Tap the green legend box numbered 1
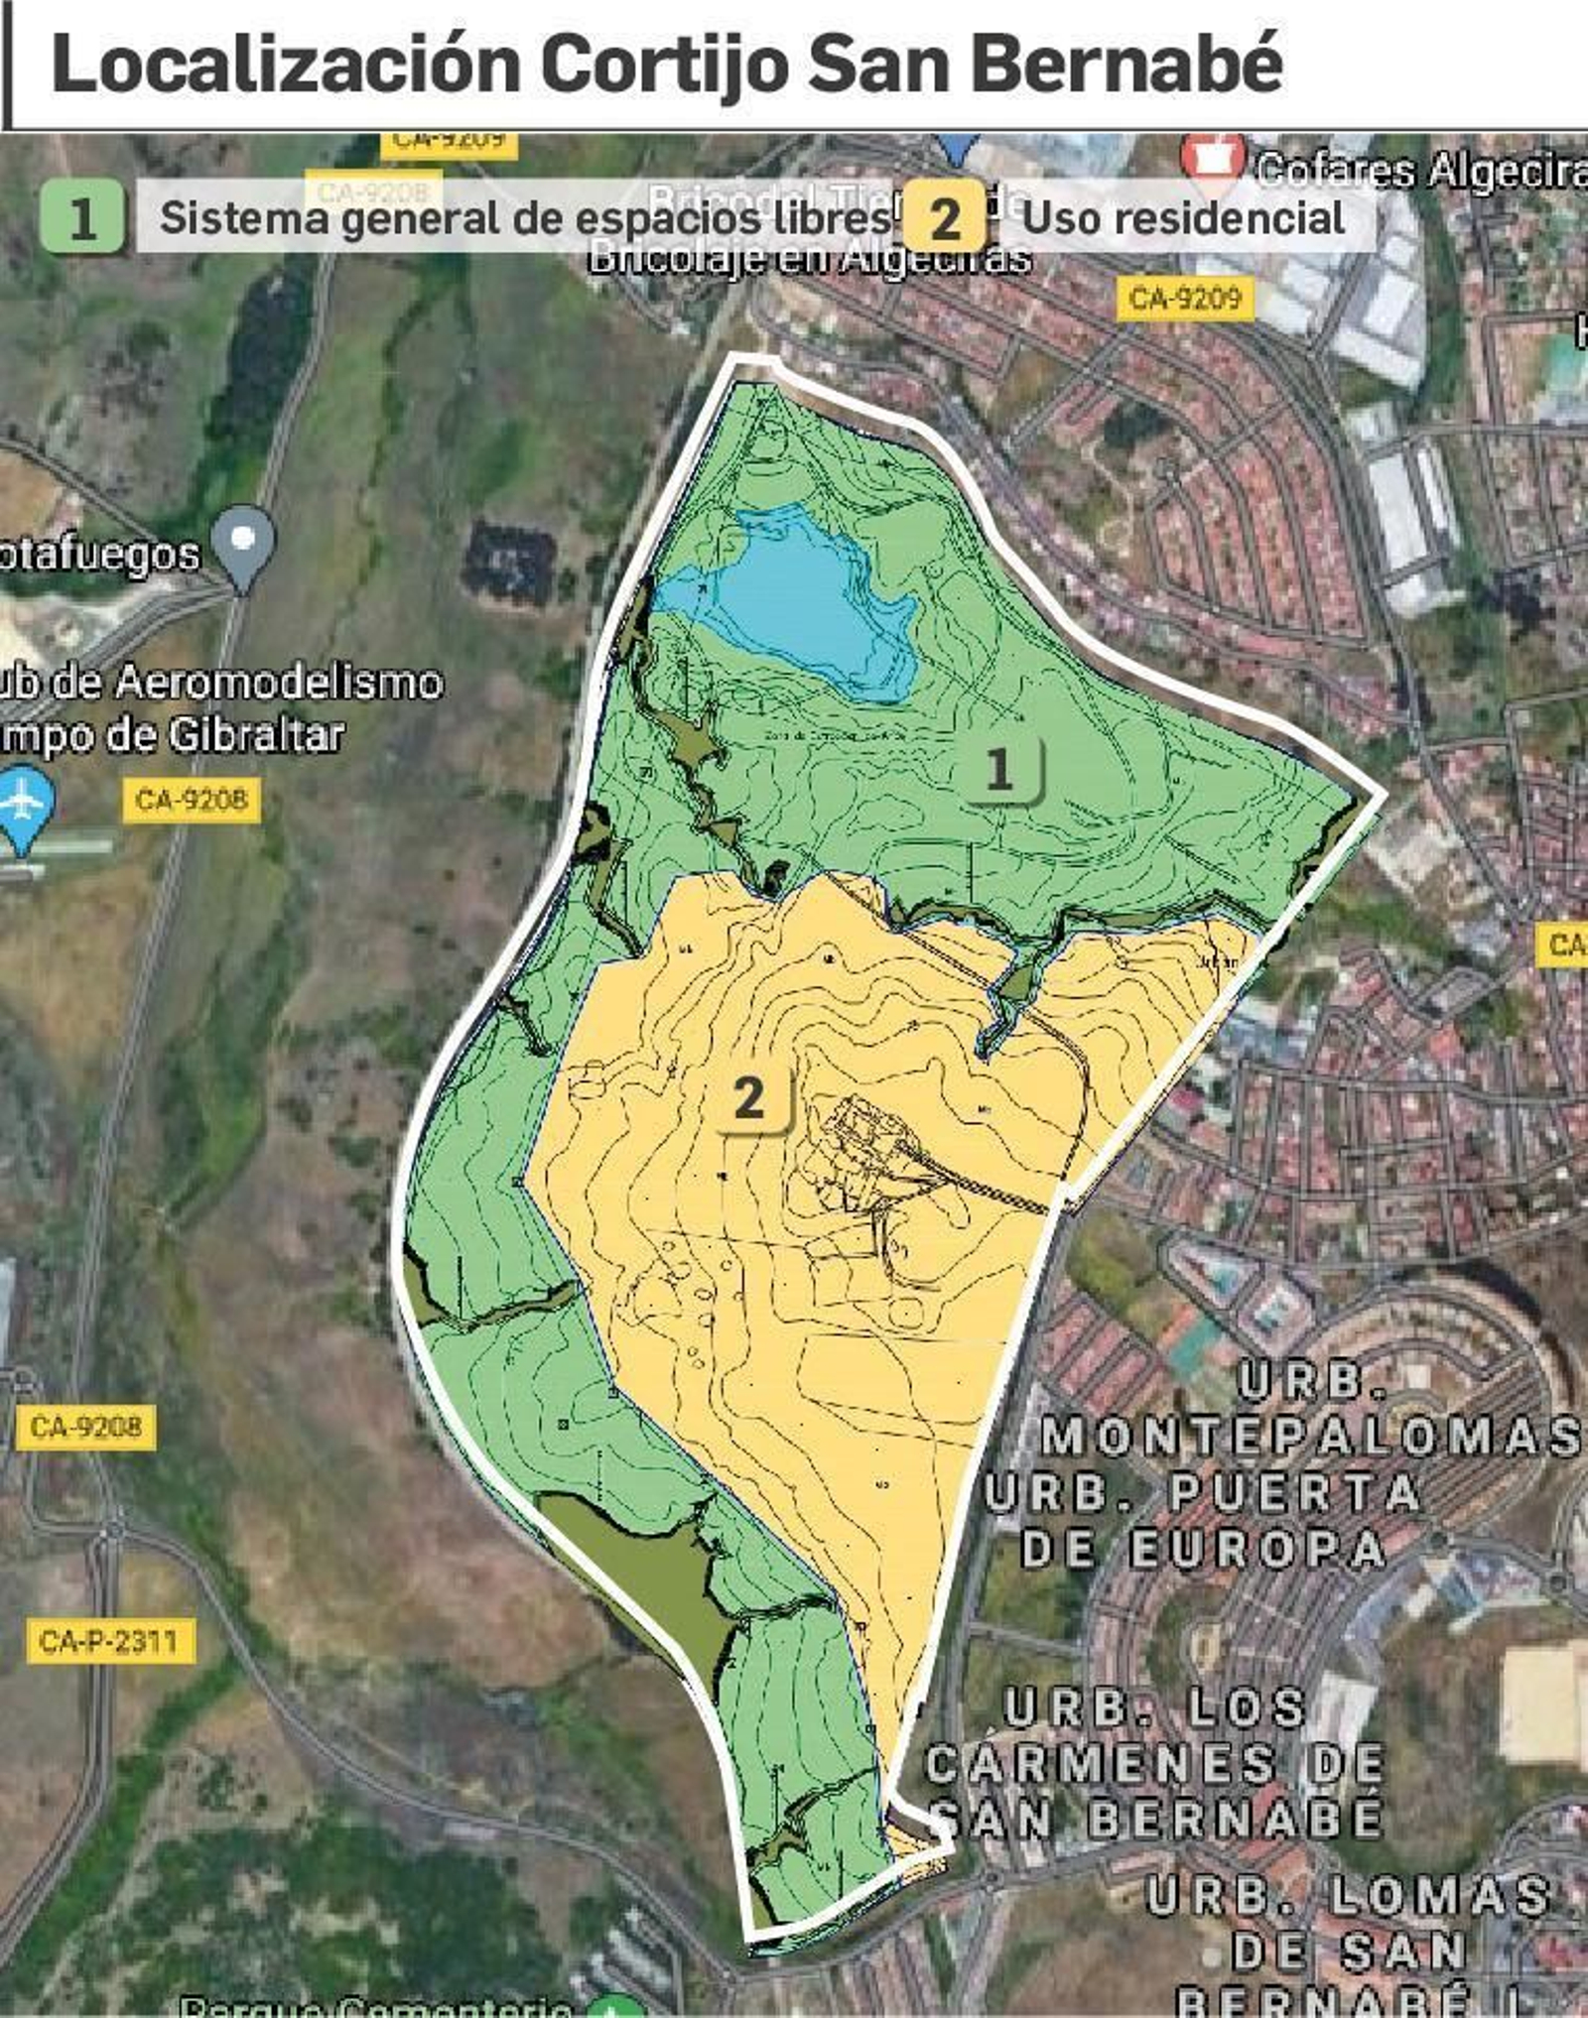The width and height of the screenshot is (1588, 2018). click(82, 216)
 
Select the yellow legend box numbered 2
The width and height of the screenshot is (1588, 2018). click(944, 216)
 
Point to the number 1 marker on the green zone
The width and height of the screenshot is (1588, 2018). click(999, 769)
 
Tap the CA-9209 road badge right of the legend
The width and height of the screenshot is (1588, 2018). click(1185, 299)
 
